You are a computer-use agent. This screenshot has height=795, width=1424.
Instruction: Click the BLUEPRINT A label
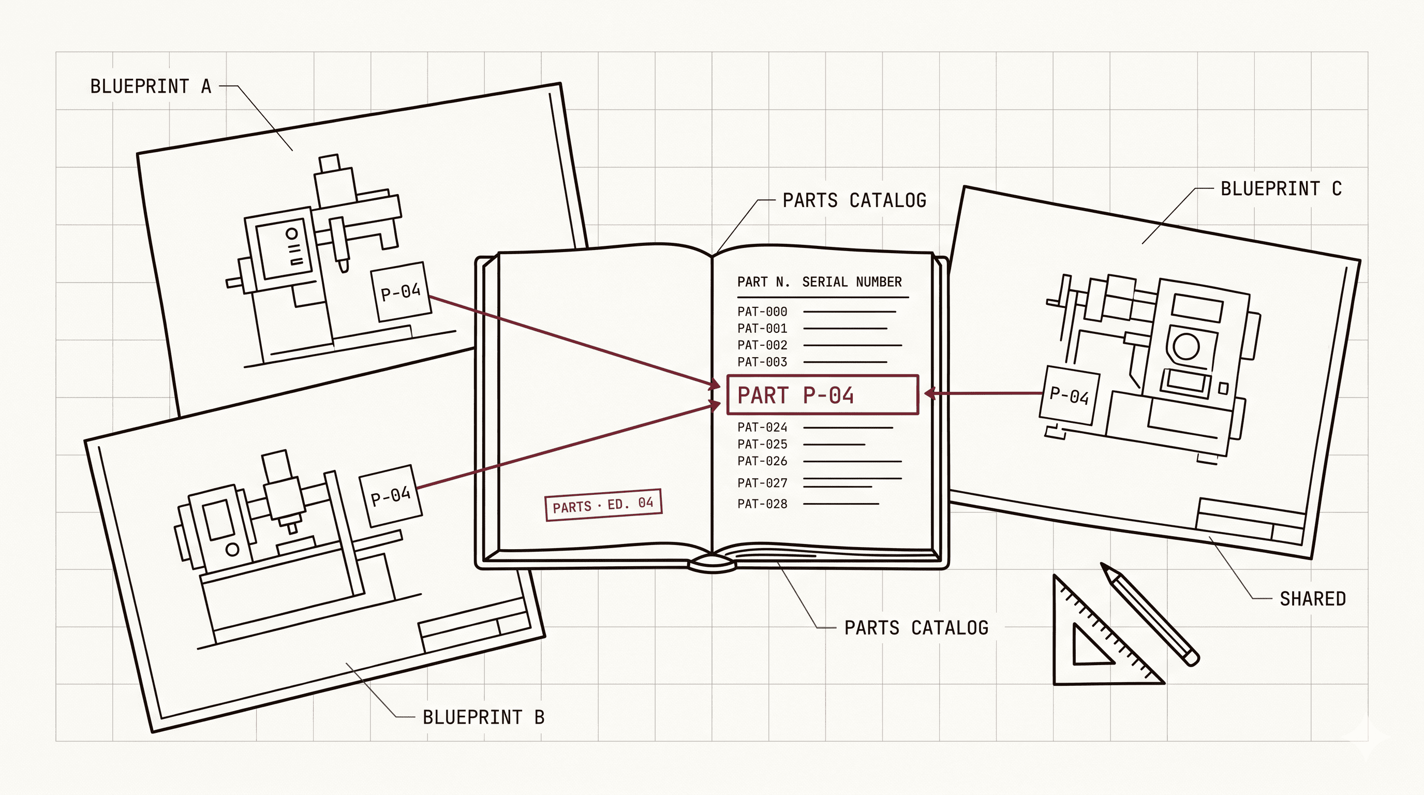click(151, 86)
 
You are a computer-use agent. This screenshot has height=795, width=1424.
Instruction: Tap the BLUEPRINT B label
click(484, 717)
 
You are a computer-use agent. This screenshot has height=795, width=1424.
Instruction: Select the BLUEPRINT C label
click(1281, 188)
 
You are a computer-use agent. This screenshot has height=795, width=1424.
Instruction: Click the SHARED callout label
click(1313, 599)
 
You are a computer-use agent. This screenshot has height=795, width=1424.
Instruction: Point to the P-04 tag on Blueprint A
click(402, 292)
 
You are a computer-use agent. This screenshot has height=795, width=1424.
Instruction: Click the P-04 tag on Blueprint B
click(391, 495)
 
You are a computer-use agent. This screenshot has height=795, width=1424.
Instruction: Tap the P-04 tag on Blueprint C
click(1070, 395)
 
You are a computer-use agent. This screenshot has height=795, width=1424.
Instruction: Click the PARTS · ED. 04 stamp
click(603, 505)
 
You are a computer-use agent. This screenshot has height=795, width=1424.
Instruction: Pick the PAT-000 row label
click(762, 312)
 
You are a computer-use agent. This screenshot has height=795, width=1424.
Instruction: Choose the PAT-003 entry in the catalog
click(762, 362)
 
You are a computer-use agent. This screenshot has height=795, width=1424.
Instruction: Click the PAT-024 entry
click(762, 428)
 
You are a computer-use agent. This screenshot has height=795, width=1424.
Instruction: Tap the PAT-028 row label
click(762, 504)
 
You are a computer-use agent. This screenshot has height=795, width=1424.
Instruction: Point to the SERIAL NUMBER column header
click(852, 282)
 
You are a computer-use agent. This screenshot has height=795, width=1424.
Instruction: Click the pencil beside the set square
click(1150, 614)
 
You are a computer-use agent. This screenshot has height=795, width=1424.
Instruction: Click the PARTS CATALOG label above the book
click(855, 200)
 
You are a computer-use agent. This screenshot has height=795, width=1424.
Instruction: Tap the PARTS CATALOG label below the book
click(916, 628)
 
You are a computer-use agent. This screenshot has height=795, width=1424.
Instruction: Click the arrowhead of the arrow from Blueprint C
click(930, 393)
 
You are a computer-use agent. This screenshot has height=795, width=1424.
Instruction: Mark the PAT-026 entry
click(762, 461)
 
